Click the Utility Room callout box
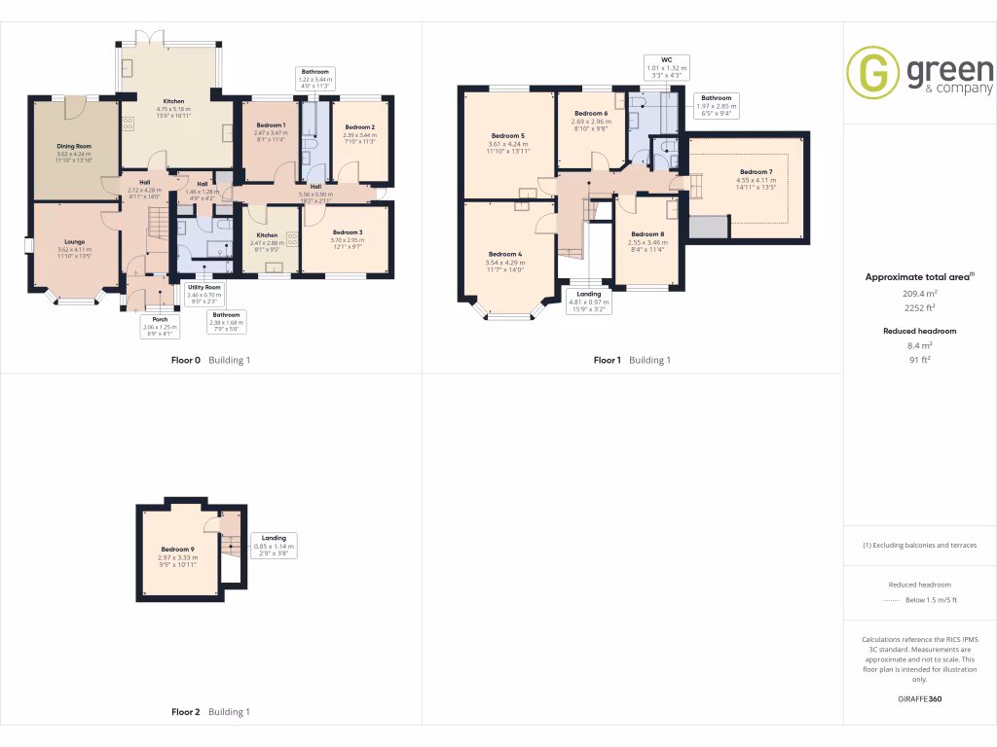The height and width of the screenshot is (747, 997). [x=204, y=294]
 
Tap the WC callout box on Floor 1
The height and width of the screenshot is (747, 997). [x=667, y=67]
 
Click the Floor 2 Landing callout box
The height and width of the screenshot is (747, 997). [x=273, y=547]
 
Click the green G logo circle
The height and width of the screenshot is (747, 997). [x=872, y=72]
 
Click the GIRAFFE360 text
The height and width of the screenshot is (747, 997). [x=920, y=699]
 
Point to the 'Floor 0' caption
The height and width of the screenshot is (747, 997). [x=186, y=360]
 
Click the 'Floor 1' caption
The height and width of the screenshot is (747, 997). [x=608, y=360]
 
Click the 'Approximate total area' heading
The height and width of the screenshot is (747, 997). [x=917, y=277]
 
